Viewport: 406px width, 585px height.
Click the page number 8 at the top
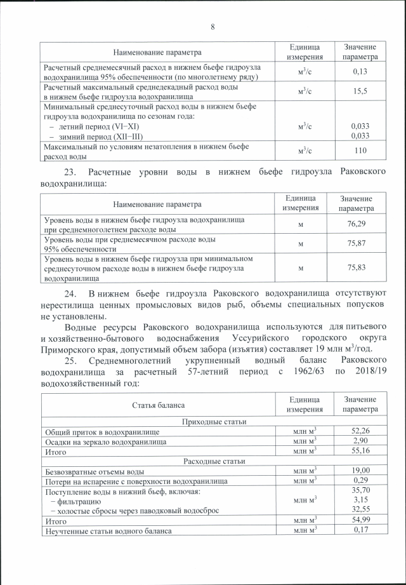click(213, 27)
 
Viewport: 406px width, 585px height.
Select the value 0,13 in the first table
click(360, 71)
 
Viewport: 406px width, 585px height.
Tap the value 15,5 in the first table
click(360, 91)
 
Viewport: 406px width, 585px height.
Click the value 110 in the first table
click(360, 151)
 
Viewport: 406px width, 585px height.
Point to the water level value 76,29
click(356, 224)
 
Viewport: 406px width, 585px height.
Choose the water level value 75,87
click(356, 244)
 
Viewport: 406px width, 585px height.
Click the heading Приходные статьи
click(214, 421)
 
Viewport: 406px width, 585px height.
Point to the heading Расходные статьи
click(214, 461)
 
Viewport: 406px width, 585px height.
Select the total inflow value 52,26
click(360, 431)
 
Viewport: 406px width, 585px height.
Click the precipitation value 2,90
click(360, 441)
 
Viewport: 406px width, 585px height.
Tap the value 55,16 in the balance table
click(360, 451)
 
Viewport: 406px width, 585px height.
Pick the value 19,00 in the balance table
click(360, 471)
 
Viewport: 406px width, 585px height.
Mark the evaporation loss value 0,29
click(360, 481)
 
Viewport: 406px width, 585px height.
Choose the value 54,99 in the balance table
click(360, 520)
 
